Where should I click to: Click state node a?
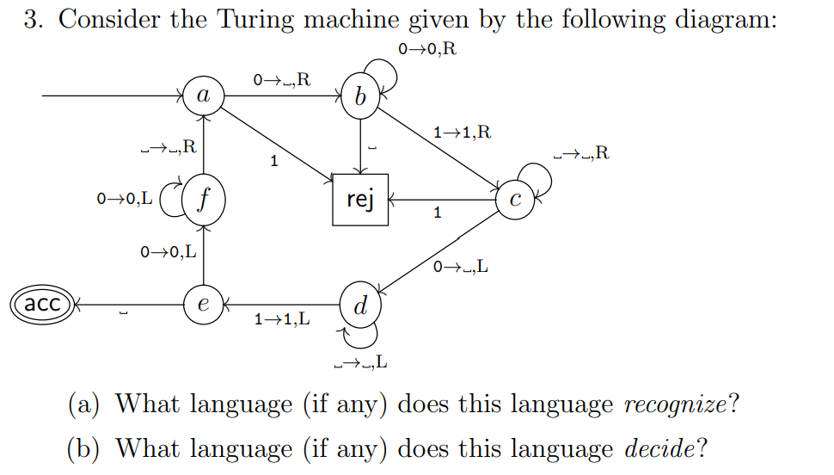pyautogui.click(x=203, y=96)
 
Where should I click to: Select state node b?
pyautogui.click(x=359, y=96)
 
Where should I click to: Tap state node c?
pyautogui.click(x=514, y=200)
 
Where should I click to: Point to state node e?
pyautogui.click(x=203, y=304)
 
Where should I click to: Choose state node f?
pyautogui.click(x=203, y=200)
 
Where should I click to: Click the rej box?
pyautogui.click(x=359, y=200)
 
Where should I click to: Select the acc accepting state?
pyautogui.click(x=42, y=304)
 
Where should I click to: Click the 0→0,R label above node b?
pyautogui.click(x=427, y=49)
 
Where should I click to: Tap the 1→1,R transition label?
pyautogui.click(x=463, y=133)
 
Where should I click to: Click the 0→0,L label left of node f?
pyautogui.click(x=126, y=200)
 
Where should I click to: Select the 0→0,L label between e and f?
pyautogui.click(x=168, y=252)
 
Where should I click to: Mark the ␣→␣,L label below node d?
pyautogui.click(x=360, y=362)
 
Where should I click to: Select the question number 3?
pyautogui.click(x=33, y=20)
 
